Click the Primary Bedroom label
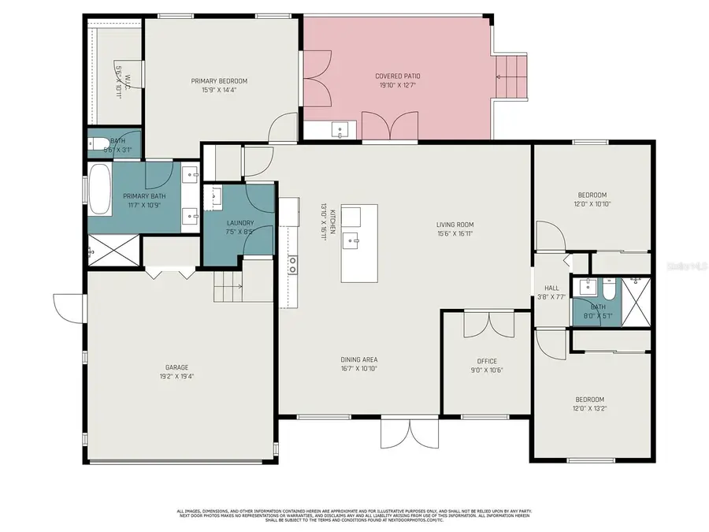click(x=219, y=81)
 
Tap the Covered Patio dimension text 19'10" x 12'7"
click(x=397, y=85)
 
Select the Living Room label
click(x=455, y=225)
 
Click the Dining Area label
click(x=358, y=359)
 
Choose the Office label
click(x=487, y=361)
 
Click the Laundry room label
click(x=240, y=223)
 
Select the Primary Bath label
click(x=144, y=195)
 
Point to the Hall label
click(x=551, y=288)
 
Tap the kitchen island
click(x=359, y=243)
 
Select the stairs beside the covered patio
click(x=510, y=77)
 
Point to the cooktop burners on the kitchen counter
click(x=292, y=265)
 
